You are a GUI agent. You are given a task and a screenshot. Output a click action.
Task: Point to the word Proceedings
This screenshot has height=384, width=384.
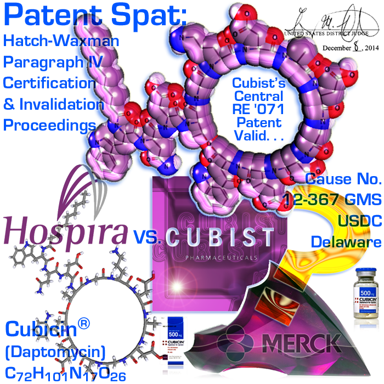point(50,125)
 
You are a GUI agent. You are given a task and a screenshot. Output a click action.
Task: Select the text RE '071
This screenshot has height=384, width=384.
point(257,110)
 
